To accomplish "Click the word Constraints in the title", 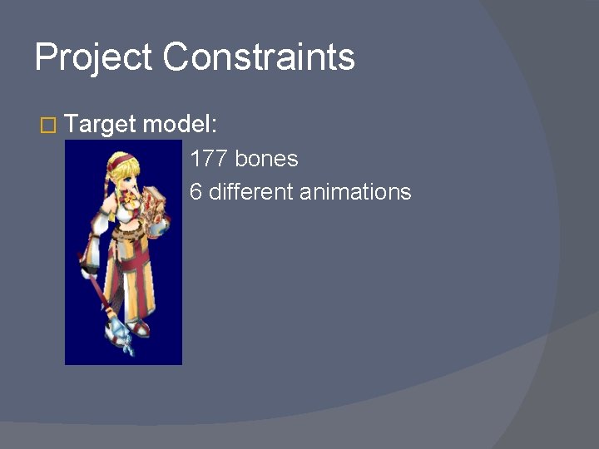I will [x=259, y=57].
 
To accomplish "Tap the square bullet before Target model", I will [x=47, y=126].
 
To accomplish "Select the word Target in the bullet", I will [x=100, y=126].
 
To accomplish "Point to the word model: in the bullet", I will [x=180, y=125].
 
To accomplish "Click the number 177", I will [x=209, y=158].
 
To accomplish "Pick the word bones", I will [x=266, y=158].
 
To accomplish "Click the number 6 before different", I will [x=196, y=192].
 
